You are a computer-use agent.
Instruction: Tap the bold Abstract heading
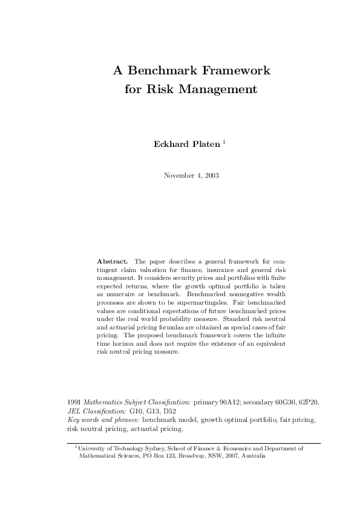(112, 261)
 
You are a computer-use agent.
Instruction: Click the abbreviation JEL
(74, 410)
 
